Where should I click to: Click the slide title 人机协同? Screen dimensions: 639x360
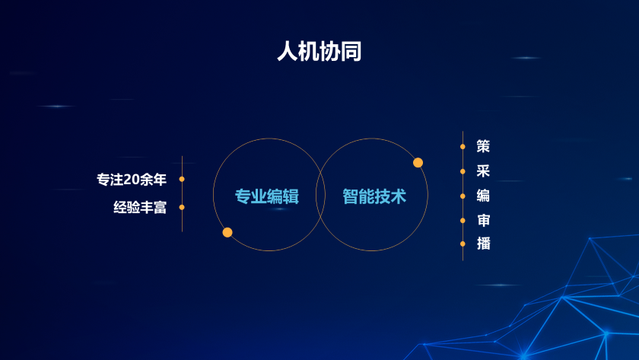[x=319, y=51]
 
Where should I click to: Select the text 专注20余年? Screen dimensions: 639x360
[x=132, y=180]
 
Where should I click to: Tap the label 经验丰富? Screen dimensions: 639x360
[x=140, y=208]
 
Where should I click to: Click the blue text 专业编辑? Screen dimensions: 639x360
[x=267, y=196]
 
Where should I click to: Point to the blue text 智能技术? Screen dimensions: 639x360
[x=374, y=196]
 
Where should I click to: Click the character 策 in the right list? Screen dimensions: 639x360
[x=483, y=146]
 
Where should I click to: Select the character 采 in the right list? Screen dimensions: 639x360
[x=483, y=170]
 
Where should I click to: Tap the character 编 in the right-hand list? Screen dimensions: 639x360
[x=483, y=196]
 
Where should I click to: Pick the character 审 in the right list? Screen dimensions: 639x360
[x=483, y=220]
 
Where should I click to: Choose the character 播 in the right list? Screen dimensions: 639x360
[x=483, y=244]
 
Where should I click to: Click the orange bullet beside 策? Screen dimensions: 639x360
[x=463, y=146]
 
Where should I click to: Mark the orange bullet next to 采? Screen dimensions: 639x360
[x=463, y=172]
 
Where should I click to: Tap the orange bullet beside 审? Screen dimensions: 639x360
[x=463, y=221]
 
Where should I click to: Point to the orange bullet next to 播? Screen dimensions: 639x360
[x=463, y=244]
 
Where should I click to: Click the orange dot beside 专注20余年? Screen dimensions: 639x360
[x=182, y=179]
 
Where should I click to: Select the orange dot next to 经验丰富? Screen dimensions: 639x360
[x=182, y=208]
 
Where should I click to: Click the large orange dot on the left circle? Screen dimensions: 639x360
[x=227, y=232]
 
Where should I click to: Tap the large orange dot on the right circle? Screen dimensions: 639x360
[x=418, y=163]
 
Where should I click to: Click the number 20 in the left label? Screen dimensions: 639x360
[x=132, y=180]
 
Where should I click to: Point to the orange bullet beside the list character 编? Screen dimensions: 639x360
[x=463, y=196]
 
